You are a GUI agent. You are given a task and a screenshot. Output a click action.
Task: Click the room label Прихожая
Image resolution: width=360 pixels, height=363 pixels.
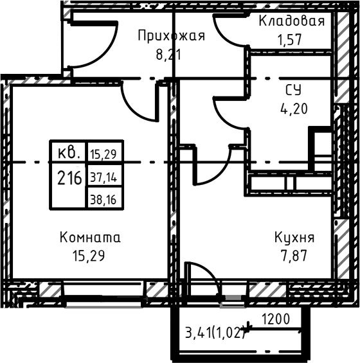click(x=171, y=36)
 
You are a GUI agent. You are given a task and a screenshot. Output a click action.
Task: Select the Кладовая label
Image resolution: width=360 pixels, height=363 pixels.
click(x=291, y=21)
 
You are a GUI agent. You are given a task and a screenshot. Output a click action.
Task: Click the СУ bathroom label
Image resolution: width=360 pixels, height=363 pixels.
click(x=294, y=89)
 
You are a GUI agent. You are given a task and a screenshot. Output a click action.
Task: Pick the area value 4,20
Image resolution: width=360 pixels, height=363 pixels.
click(x=294, y=107)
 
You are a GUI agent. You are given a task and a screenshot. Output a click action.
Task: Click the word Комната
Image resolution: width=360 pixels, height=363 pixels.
click(x=89, y=238)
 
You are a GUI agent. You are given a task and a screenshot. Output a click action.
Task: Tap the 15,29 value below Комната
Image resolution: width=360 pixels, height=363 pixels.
click(x=89, y=255)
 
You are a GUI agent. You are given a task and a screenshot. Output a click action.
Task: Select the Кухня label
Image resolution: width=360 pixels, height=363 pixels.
click(x=294, y=238)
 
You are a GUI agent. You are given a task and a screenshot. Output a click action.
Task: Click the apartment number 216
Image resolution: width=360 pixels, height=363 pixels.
click(x=69, y=178)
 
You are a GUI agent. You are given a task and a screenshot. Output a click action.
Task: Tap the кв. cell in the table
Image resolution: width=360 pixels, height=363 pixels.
click(x=69, y=153)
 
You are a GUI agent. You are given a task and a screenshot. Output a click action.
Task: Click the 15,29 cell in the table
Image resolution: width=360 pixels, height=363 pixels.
click(x=104, y=153)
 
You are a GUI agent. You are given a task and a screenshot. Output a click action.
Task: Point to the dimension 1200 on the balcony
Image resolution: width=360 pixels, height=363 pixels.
click(x=276, y=319)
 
